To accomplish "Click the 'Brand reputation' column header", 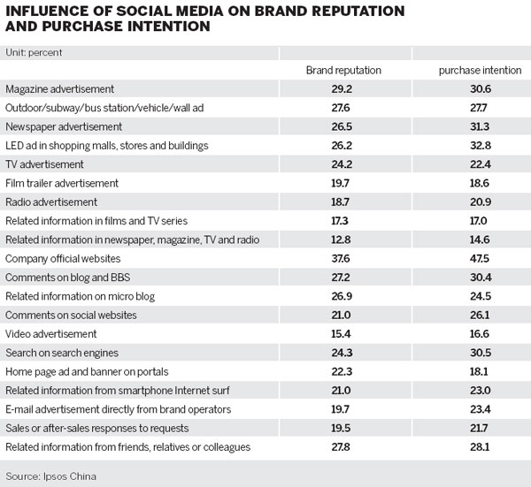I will (342, 70).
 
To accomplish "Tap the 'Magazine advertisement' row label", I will (59, 89).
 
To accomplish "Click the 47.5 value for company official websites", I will (475, 259).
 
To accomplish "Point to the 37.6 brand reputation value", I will (342, 259).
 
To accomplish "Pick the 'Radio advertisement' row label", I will (50, 202).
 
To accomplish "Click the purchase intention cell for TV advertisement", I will (475, 164).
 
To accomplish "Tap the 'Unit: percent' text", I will (35, 52).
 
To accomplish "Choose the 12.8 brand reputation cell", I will (342, 240).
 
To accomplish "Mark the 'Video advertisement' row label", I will (50, 334).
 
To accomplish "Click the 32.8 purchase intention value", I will (475, 146).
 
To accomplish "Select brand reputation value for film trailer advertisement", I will (342, 183).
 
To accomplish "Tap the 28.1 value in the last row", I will (475, 447).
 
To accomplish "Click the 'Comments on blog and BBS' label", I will (65, 278).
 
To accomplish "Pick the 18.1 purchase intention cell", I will (475, 372).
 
